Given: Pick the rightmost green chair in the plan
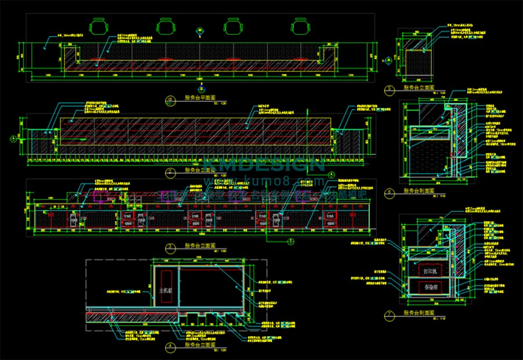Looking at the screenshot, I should pos(300,27).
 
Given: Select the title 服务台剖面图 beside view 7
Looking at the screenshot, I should pos(419,313).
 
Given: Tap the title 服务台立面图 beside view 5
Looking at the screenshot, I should pos(419,88).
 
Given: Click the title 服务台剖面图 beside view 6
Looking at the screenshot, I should pos(419,190).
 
